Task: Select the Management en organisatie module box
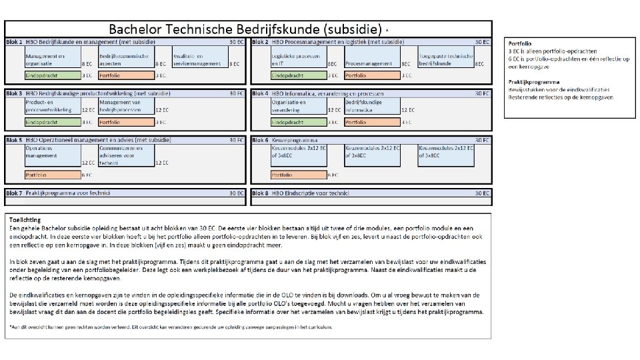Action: (52, 59)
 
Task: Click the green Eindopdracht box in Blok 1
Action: (52, 77)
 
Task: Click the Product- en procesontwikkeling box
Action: (52, 106)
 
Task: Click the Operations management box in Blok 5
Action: (52, 155)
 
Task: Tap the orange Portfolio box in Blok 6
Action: (299, 175)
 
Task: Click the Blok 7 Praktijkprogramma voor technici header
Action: (63, 193)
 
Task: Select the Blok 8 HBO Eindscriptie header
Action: (310, 193)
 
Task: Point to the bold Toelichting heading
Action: (25, 219)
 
